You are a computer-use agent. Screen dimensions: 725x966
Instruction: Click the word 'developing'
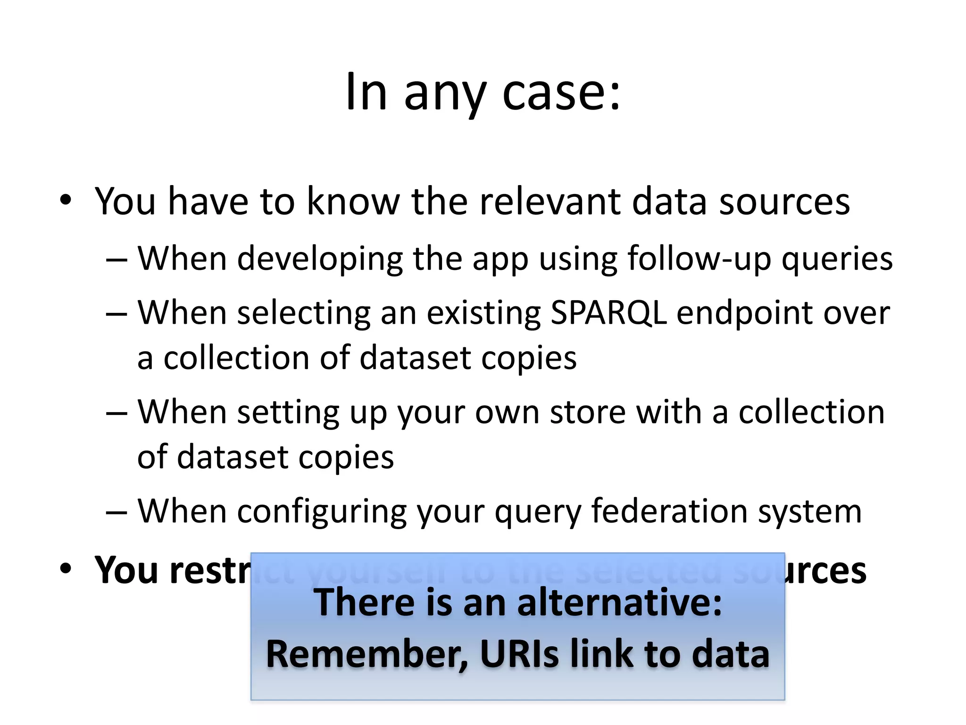pyautogui.click(x=320, y=259)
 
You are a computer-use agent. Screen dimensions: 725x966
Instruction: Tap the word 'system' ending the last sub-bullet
pyautogui.click(x=809, y=512)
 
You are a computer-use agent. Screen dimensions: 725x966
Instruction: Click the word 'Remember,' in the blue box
pyautogui.click(x=367, y=655)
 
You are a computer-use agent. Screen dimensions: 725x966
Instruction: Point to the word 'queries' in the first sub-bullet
pyautogui.click(x=837, y=259)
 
